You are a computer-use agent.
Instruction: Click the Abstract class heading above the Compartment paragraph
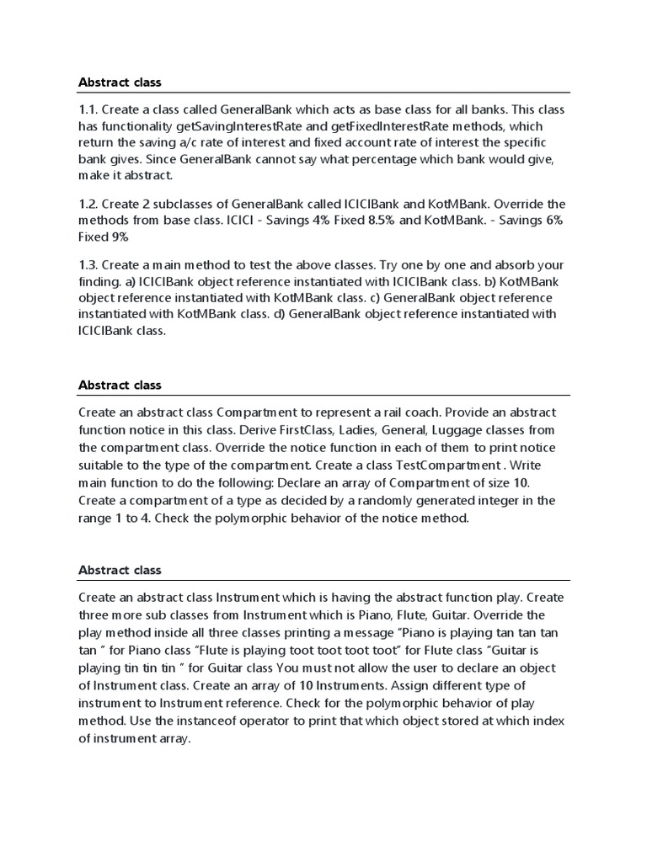pos(120,385)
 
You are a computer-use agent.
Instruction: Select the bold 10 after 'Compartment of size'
pos(521,482)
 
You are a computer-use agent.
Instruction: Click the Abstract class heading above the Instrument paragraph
pos(120,570)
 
